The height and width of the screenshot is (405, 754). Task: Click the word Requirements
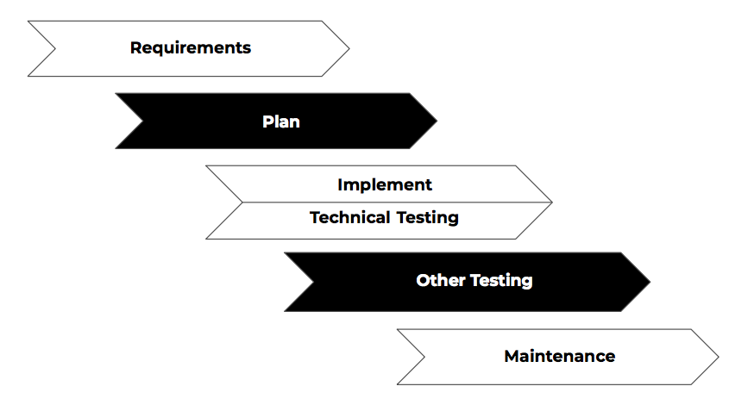click(191, 48)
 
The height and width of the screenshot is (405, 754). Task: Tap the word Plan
click(281, 121)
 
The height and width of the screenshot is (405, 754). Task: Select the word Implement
click(385, 185)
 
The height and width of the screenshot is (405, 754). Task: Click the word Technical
click(349, 217)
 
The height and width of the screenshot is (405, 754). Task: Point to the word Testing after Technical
click(428, 218)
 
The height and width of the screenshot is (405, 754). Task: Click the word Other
click(441, 280)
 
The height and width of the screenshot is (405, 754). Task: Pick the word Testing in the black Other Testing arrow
click(501, 281)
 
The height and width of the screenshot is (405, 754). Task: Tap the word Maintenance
click(560, 356)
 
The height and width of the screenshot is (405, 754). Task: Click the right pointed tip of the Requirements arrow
click(349, 48)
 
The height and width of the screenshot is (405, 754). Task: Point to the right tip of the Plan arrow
click(437, 121)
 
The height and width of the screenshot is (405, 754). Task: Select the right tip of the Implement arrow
click(552, 202)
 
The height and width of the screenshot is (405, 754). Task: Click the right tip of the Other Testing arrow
click(650, 282)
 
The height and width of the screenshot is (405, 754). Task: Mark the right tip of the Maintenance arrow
click(719, 357)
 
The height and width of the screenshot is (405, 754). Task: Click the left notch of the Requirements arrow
click(55, 48)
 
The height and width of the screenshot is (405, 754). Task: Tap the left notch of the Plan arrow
click(143, 121)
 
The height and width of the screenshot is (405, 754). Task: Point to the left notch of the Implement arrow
click(242, 202)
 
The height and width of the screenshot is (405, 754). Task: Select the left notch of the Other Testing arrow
click(313, 282)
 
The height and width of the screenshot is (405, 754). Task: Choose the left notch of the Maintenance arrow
click(424, 357)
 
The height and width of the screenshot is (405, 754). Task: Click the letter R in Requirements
click(136, 47)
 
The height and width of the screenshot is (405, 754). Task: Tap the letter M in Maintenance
click(512, 356)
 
